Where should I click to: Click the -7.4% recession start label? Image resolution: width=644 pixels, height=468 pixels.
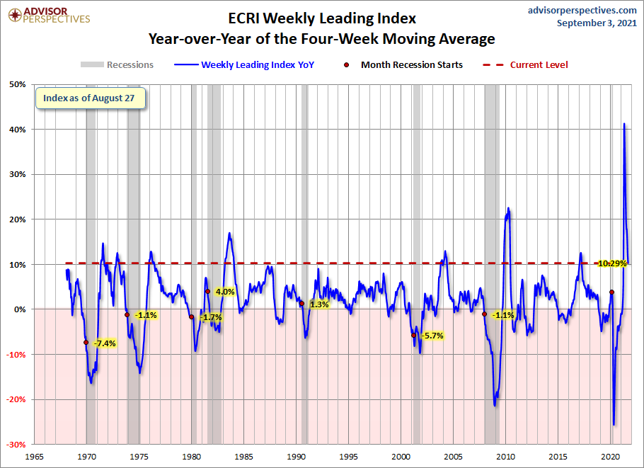pyautogui.click(x=104, y=343)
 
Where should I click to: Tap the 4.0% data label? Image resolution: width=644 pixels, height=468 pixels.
pyautogui.click(x=224, y=292)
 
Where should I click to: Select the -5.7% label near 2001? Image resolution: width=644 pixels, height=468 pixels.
pyautogui.click(x=432, y=336)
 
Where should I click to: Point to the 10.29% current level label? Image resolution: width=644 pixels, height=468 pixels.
pyautogui.click(x=612, y=263)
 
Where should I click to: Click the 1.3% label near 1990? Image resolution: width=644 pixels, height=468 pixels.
pyautogui.click(x=319, y=304)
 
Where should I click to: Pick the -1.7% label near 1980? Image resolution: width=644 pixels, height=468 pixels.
pyautogui.click(x=212, y=317)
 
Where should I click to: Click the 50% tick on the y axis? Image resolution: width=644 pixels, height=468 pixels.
pyautogui.click(x=18, y=85)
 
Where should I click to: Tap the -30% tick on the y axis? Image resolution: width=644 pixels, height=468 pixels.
pyautogui.click(x=16, y=444)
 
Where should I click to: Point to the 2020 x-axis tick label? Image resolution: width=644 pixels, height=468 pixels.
pyautogui.click(x=611, y=457)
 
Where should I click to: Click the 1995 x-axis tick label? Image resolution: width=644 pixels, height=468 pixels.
pyautogui.click(x=350, y=457)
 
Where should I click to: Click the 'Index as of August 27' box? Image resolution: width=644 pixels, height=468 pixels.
pyautogui.click(x=90, y=98)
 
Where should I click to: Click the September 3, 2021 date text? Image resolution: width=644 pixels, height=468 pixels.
pyautogui.click(x=597, y=23)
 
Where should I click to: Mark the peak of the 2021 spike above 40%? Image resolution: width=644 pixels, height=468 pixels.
pyautogui.click(x=623, y=124)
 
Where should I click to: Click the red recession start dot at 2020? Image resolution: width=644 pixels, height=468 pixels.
pyautogui.click(x=611, y=292)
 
